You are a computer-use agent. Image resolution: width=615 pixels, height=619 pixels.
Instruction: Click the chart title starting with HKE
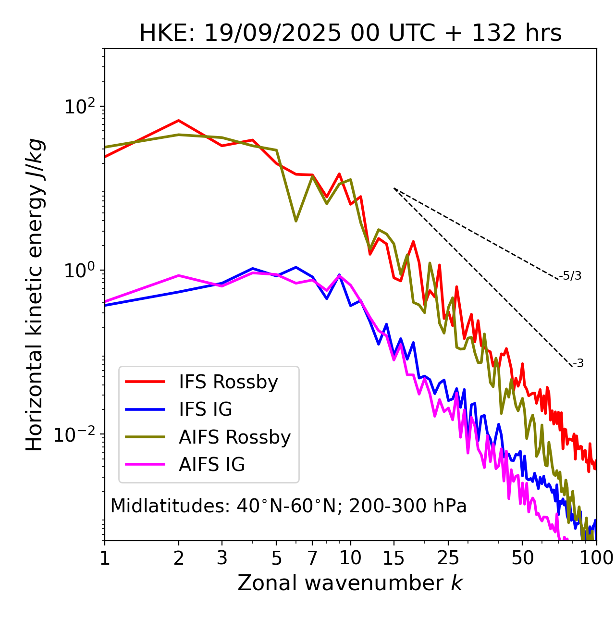click(350, 34)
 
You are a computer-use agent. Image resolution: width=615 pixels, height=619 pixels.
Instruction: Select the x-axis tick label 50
click(522, 558)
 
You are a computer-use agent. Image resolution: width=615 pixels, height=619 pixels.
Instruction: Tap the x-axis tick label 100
click(596, 558)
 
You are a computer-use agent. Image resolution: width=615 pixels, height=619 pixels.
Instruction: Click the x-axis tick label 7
click(312, 558)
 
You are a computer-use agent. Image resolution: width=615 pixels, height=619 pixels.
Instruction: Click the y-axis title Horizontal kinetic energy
click(35, 295)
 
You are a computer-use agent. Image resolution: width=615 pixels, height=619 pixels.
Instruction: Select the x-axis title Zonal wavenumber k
click(350, 583)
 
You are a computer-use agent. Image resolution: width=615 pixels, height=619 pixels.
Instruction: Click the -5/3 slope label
click(570, 276)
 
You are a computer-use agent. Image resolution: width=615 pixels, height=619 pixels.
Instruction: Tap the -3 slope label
click(578, 364)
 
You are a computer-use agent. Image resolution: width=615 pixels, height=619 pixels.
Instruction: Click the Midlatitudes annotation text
click(288, 506)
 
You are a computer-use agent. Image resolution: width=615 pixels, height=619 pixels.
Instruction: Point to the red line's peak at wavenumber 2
click(179, 121)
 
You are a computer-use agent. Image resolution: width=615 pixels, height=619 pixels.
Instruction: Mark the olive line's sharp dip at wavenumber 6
click(296, 221)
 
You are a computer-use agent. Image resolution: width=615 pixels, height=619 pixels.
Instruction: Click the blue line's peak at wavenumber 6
click(296, 267)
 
